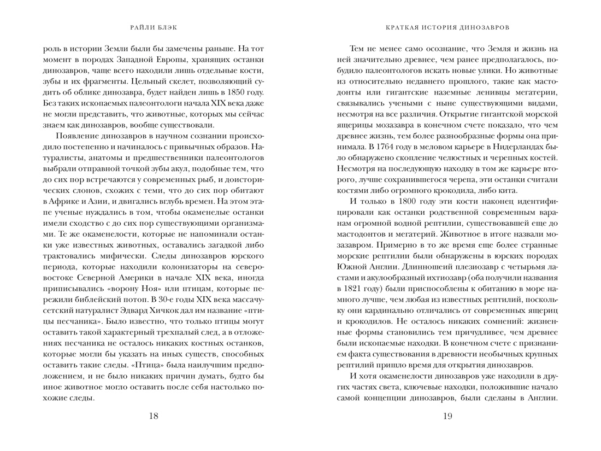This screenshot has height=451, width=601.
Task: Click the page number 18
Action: point(154,417)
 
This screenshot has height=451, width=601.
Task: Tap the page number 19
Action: point(447,417)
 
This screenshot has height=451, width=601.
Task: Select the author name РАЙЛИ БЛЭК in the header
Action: point(154,26)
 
